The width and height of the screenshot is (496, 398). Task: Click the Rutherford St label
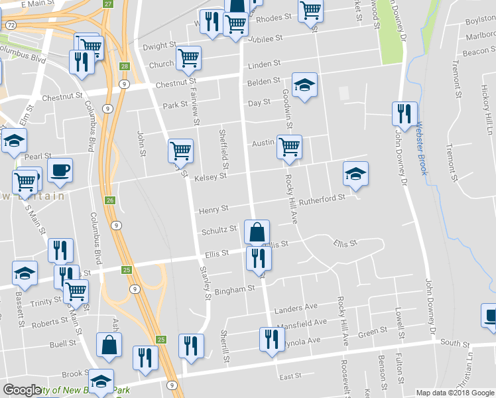pos(322,197)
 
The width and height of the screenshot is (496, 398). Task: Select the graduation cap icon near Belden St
pos(305,85)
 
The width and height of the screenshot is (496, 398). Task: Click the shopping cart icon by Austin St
pos(289,147)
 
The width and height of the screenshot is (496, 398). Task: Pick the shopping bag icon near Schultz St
pos(257,232)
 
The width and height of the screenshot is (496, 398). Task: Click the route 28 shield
pos(124,66)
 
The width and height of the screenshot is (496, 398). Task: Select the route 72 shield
pos(11,25)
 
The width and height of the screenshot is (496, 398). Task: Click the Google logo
pos(22,390)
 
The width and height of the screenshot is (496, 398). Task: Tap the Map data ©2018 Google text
pos(454,393)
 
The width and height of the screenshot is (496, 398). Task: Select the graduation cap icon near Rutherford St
pos(355,173)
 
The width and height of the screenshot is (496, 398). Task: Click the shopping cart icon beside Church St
pos(189,58)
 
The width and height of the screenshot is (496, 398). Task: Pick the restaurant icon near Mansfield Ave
pos(271,340)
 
